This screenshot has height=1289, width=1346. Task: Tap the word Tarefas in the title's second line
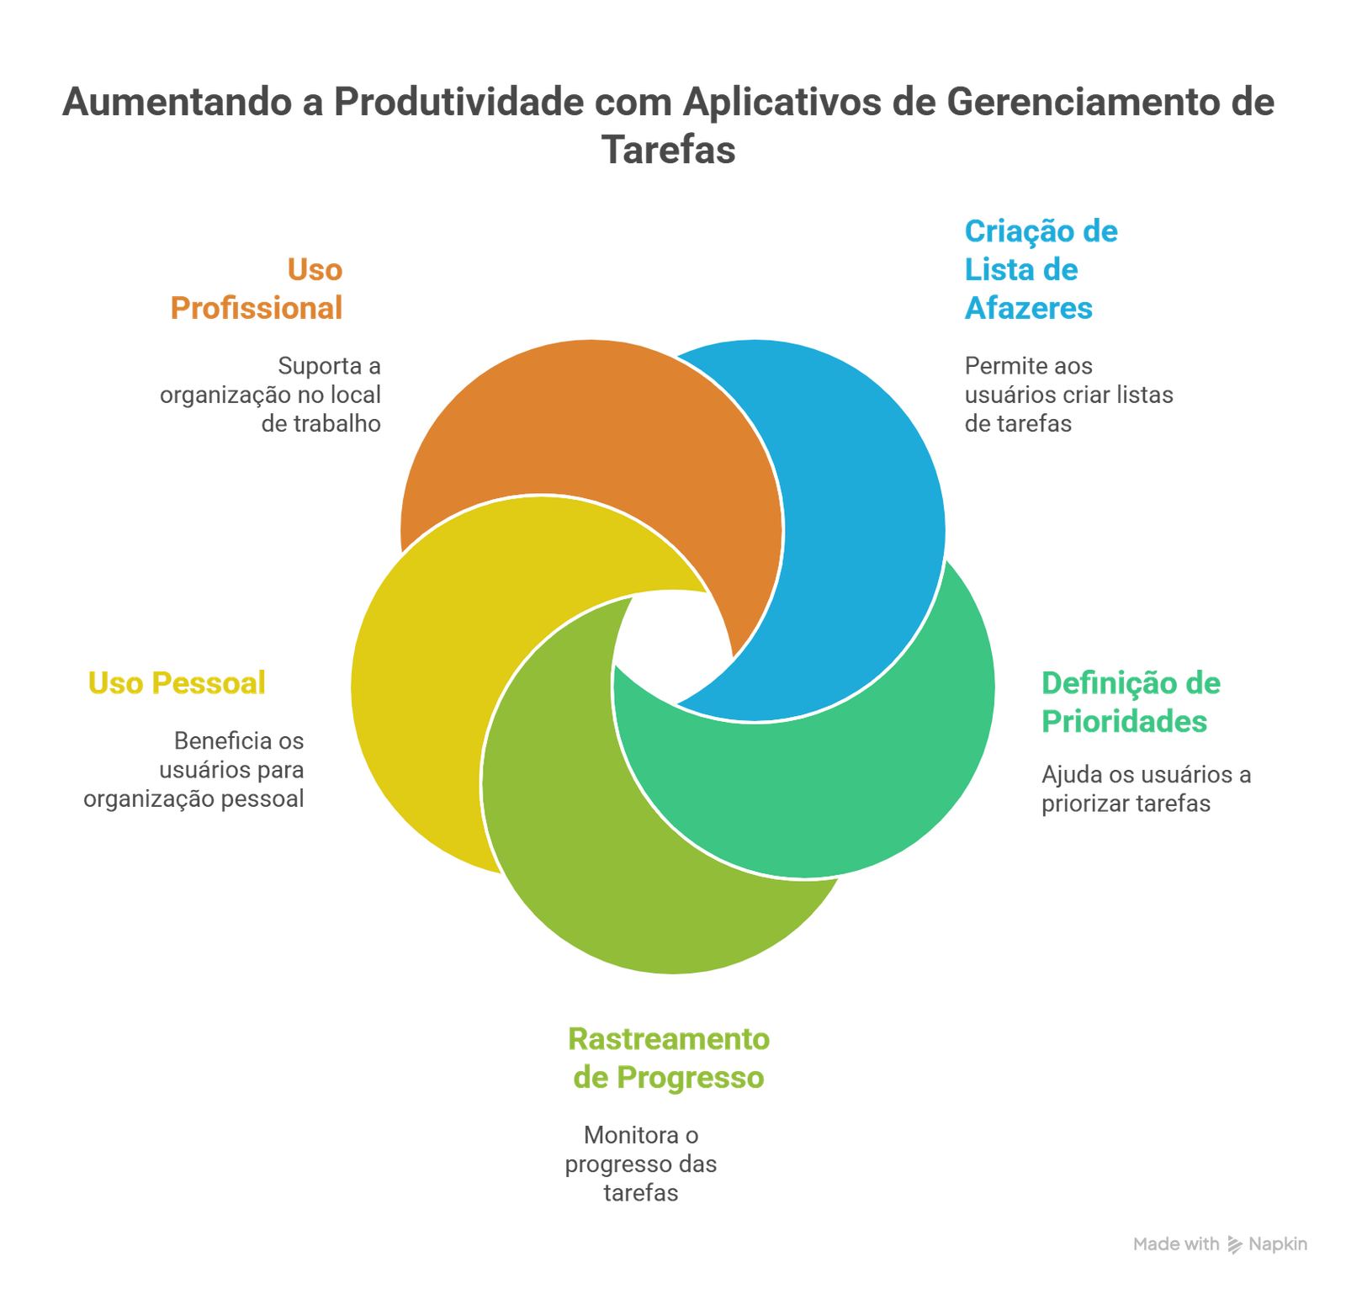pos(669,150)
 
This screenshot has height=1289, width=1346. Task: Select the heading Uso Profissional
pos(257,289)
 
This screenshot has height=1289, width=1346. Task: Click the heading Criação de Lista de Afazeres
pos(1040,270)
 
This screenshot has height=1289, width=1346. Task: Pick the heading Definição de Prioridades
pos(1131,702)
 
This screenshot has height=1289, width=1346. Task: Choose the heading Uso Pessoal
pos(178,683)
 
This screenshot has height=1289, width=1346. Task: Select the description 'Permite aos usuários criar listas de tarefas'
pos(1068,394)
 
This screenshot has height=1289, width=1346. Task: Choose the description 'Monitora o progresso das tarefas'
pos(641,1164)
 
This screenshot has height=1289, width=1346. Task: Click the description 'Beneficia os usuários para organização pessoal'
pos(194,770)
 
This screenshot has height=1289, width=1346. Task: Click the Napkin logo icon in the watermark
pos(1235,1244)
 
